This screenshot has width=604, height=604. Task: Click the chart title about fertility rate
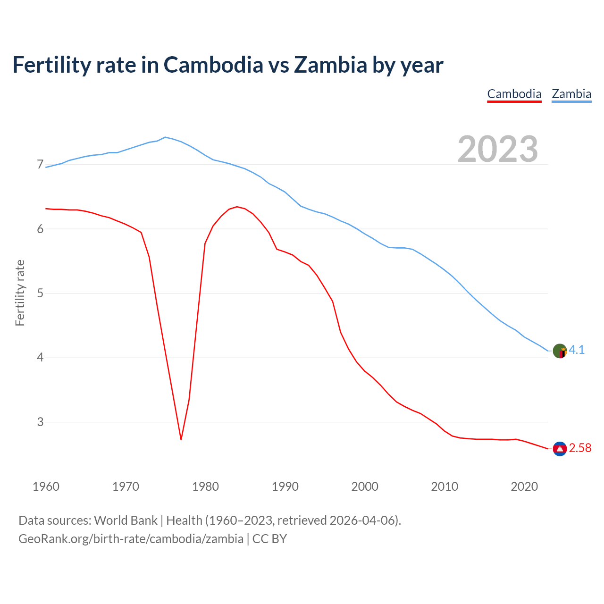[228, 65]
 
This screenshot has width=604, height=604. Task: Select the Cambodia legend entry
[514, 94]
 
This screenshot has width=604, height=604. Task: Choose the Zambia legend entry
[571, 94]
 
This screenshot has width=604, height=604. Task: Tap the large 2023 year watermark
[498, 149]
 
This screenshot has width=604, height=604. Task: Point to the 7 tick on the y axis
[40, 165]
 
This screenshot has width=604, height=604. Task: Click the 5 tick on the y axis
[40, 293]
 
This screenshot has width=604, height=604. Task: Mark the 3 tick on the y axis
[40, 422]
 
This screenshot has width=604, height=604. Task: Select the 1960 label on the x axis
[46, 487]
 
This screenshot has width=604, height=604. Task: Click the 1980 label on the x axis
[205, 487]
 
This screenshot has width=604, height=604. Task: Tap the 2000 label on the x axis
[365, 487]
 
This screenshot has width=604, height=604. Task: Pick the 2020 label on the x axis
[524, 487]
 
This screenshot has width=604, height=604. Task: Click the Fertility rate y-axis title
[20, 293]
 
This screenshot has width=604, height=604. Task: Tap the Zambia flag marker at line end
[560, 351]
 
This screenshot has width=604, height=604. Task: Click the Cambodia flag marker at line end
[560, 449]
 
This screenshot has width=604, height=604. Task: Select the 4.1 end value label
[577, 350]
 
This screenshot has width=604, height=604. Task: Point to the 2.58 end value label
[580, 448]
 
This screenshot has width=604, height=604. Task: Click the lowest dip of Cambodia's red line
[181, 439]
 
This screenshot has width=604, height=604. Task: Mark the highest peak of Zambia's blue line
[165, 137]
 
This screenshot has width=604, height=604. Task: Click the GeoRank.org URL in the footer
[131, 539]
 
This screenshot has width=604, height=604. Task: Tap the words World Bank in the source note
[126, 520]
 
